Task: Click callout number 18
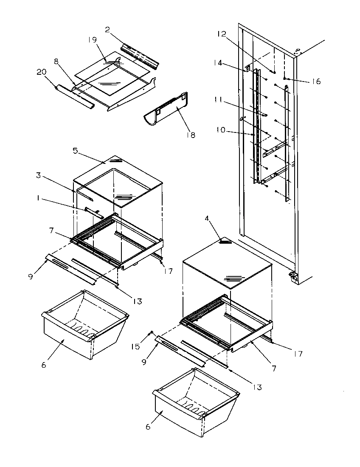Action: [x=191, y=135]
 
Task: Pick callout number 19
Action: [x=93, y=40]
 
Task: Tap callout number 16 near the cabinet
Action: [x=315, y=81]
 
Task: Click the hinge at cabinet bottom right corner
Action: [x=293, y=277]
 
